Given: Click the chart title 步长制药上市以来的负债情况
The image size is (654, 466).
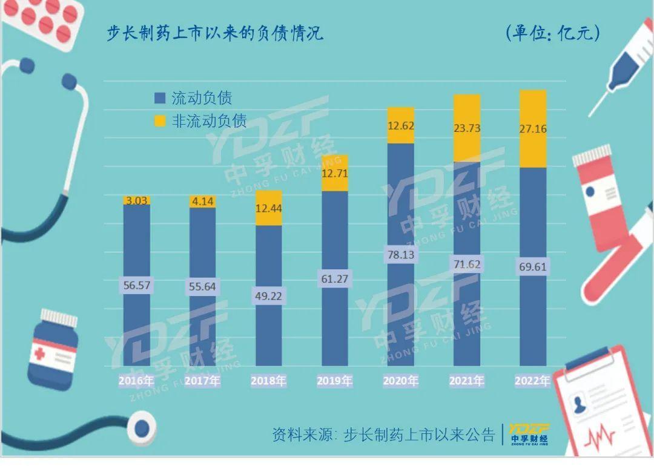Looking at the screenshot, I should point(215,33).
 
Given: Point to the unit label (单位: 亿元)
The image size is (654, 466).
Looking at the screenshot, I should point(552,33).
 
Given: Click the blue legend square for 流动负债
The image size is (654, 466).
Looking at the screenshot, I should point(160,98).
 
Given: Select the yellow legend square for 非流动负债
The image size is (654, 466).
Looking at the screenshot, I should point(160,121).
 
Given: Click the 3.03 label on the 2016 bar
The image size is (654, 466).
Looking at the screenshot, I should point(137,201).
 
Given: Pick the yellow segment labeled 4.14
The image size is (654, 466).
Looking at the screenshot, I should point(203,202).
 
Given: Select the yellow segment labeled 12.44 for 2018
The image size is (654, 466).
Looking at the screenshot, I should point(269,208).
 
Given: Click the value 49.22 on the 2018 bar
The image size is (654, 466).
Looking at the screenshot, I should point(269,297).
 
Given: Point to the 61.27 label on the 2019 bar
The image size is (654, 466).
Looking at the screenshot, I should point(335,279).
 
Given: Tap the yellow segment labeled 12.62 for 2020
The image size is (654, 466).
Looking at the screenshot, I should point(401,126).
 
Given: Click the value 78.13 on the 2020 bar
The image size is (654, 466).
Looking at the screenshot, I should point(401,255).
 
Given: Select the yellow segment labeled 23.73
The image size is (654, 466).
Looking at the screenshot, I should point(467,128).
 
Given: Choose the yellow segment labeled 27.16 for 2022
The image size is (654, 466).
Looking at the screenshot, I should point(533,129).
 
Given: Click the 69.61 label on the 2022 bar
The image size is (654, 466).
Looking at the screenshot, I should point(533,267).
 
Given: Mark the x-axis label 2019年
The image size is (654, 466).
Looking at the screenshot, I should point(335,381).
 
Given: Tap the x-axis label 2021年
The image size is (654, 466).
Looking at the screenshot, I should point(467,381).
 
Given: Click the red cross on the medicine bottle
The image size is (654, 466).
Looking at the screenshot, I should point(39,353).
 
